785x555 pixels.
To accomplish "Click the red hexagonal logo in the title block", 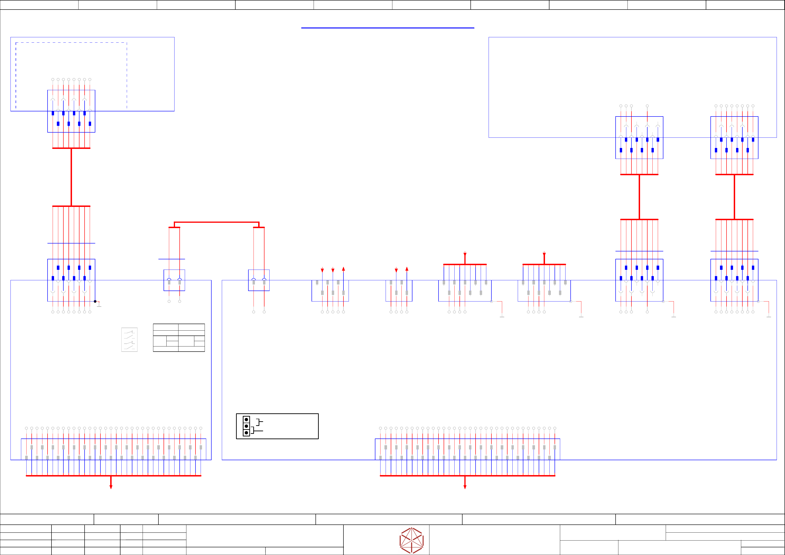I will (412, 540).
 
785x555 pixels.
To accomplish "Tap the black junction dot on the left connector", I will (95, 301).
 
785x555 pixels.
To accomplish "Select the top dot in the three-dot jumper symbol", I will (246, 420).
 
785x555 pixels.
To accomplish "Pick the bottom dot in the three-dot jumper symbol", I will (246, 433).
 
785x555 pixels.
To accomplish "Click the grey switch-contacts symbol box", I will (129, 339).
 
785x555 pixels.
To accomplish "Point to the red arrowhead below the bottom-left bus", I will (111, 487).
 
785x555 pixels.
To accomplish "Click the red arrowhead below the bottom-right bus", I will (465, 487).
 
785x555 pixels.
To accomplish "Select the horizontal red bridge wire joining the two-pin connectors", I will (216, 222).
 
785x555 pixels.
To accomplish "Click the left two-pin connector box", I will (174, 280).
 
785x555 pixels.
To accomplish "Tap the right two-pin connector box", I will (259, 280).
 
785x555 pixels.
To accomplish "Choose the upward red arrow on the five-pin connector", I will (343, 269).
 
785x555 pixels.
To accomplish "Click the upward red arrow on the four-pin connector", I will (407, 269).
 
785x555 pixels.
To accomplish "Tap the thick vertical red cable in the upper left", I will (71, 177).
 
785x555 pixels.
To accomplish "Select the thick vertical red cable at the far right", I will (734, 197).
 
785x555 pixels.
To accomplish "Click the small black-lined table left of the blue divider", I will (179, 338).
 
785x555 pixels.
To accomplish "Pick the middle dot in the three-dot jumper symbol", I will (246, 426).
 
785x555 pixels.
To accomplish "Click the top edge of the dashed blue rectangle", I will (71, 43).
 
